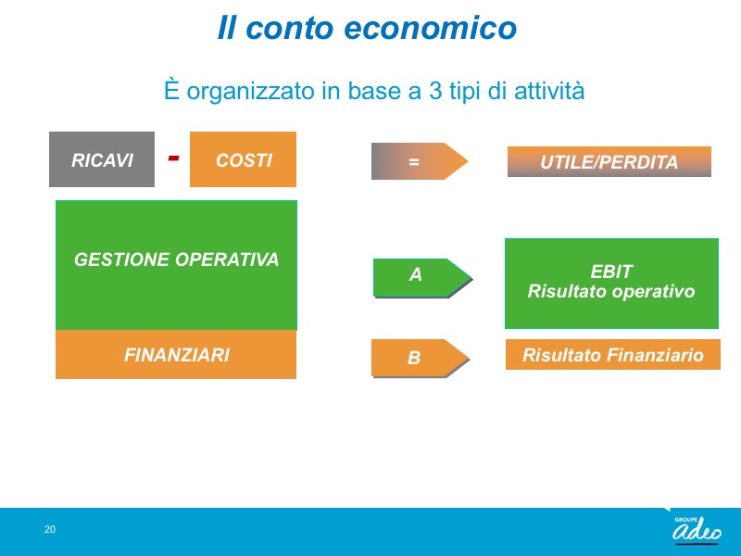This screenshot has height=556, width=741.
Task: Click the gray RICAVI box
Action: pyautogui.click(x=102, y=159)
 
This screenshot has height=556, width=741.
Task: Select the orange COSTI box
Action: pyautogui.click(x=243, y=159)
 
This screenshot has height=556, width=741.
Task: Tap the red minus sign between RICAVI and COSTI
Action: pyautogui.click(x=173, y=158)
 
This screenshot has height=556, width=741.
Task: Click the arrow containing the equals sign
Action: pyautogui.click(x=420, y=161)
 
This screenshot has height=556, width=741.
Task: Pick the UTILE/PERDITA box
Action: pyautogui.click(x=609, y=161)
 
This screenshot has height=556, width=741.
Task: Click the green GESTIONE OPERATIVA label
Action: pyautogui.click(x=176, y=259)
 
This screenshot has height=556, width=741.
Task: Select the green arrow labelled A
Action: pyautogui.click(x=423, y=278)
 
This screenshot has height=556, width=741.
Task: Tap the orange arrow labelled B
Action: pyautogui.click(x=421, y=358)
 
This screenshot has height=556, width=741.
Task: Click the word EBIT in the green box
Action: pyautogui.click(x=611, y=272)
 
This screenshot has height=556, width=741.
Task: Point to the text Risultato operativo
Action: pyautogui.click(x=611, y=291)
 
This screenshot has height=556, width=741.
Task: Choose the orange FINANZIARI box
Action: pyautogui.click(x=176, y=355)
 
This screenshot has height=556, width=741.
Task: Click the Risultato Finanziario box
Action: pyautogui.click(x=613, y=354)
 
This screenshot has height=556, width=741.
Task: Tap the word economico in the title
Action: pyautogui.click(x=430, y=28)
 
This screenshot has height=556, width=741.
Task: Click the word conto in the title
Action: pyautogui.click(x=289, y=28)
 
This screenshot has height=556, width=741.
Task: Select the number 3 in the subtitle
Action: pyautogui.click(x=435, y=90)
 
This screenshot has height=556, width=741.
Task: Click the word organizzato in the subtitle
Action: pyautogui.click(x=250, y=91)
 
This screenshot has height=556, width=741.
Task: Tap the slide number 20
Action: pyautogui.click(x=50, y=529)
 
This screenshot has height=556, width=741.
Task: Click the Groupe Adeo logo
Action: pyautogui.click(x=697, y=530)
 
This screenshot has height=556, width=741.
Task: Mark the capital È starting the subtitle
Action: pyautogui.click(x=171, y=89)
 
